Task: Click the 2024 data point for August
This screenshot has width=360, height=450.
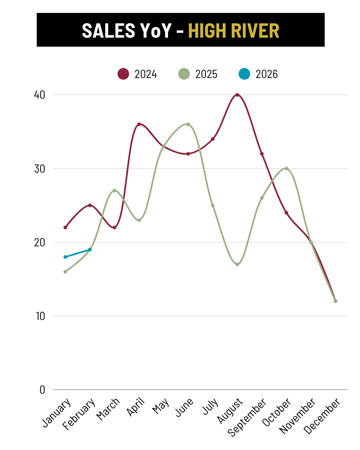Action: pos(237,95)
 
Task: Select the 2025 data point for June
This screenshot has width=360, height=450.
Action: pos(188,124)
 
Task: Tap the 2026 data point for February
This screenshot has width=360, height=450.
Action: pos(90,250)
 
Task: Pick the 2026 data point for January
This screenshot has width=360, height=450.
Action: pos(65,257)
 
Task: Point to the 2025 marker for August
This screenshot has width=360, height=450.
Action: pos(237,264)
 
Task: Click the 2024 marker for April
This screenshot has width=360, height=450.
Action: pos(139,124)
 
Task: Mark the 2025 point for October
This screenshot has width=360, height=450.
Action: pos(286,169)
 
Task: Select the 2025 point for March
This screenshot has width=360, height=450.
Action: pos(114,191)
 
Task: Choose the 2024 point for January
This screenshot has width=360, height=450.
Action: pos(65,228)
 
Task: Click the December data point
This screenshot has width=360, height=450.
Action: pos(335,301)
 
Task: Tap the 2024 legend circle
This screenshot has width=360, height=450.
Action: pos(123,74)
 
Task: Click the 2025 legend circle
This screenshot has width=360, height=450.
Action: pos(184,74)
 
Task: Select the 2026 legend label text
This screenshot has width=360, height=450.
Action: pos(267,74)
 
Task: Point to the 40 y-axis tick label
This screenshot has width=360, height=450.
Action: pos(40,95)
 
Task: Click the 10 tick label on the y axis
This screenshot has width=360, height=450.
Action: pos(40,316)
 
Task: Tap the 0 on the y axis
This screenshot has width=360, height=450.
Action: pos(42,390)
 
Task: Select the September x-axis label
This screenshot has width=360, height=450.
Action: pos(247,417)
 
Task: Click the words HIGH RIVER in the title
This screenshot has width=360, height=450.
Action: pos(233,31)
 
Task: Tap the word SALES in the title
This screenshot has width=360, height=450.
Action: pos(108,31)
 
